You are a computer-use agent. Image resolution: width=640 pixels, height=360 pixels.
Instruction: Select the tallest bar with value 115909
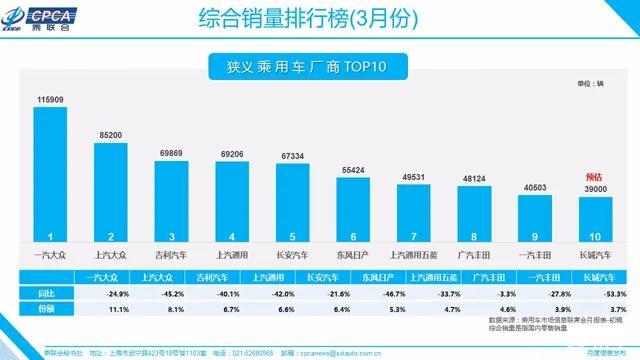(49, 175)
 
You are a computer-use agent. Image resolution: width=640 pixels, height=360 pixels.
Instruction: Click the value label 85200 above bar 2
(110, 134)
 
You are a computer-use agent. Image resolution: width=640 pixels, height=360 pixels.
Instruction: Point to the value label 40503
(536, 187)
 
